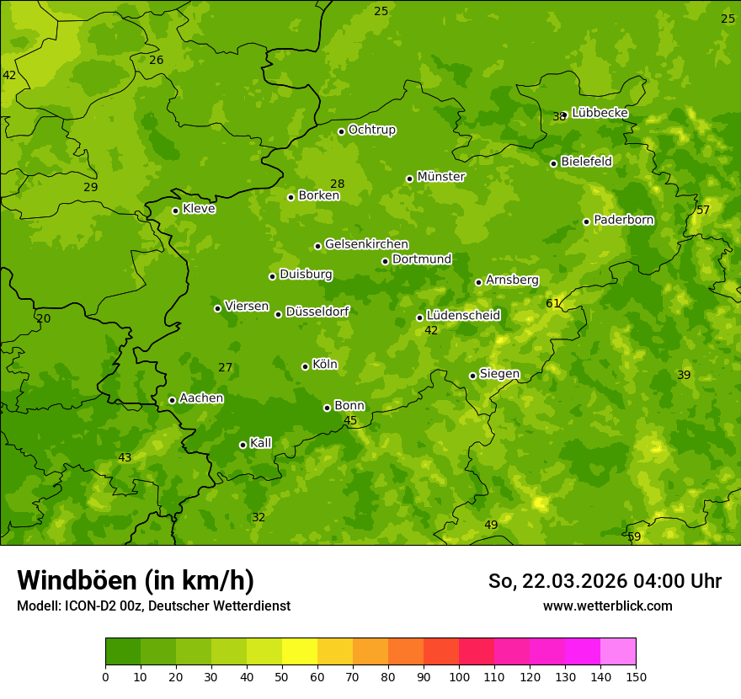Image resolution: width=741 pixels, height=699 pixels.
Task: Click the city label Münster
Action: (441, 177)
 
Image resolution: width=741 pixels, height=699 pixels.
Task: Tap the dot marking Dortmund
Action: (385, 261)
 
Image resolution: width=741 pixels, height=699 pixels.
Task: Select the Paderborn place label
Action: (624, 220)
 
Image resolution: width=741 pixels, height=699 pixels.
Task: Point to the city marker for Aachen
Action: (172, 400)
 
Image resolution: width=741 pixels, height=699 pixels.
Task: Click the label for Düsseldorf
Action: (317, 312)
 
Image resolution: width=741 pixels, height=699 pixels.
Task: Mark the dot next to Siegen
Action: (472, 376)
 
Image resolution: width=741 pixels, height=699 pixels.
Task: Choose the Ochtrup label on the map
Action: (372, 130)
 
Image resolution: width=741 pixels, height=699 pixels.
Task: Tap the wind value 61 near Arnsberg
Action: (552, 304)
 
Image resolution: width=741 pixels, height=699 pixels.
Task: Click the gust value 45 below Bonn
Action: (350, 420)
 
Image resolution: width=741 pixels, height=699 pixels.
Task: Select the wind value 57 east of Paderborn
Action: (703, 210)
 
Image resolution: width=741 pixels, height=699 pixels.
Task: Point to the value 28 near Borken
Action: (338, 184)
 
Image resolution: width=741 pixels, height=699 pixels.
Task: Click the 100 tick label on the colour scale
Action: (459, 676)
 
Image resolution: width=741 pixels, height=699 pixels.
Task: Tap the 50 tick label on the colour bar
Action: (282, 676)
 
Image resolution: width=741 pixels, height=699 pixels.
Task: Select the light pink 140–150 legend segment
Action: (618, 652)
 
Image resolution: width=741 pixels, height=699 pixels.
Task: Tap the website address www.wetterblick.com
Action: (607, 606)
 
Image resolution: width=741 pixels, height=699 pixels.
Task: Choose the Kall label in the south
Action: (261, 443)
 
